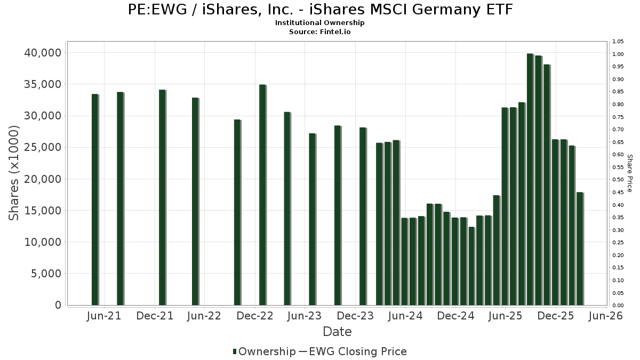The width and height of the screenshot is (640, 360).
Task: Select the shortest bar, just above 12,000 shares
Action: [x=471, y=266]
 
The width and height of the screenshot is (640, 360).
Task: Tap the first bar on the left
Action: [x=95, y=199]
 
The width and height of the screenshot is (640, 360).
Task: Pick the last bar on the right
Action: [x=580, y=249]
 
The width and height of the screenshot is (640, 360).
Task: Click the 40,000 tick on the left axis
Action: [x=42, y=53]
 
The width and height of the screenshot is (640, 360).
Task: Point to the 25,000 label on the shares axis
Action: [x=42, y=148]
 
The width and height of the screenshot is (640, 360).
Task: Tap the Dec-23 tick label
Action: [x=356, y=316]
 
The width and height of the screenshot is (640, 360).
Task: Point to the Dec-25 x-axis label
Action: [x=556, y=316]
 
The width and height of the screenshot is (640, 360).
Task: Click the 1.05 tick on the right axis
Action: [x=618, y=42]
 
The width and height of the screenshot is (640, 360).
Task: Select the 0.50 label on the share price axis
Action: [x=618, y=180]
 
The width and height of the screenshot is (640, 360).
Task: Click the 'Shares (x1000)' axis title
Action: [x=14, y=173]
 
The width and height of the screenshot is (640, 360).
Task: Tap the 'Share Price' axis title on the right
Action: [x=629, y=173]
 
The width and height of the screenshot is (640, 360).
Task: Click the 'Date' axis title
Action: [x=337, y=332]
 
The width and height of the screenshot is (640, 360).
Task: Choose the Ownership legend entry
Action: [x=264, y=351]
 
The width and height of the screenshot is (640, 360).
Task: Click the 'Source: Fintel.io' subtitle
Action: [x=320, y=31]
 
